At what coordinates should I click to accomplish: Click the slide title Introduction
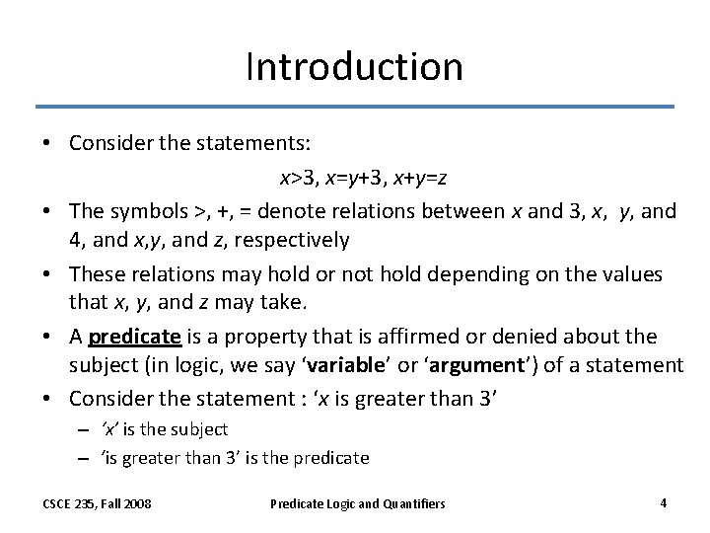click(x=354, y=67)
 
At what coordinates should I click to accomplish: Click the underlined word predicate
click(x=134, y=337)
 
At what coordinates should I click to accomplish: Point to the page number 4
click(x=664, y=502)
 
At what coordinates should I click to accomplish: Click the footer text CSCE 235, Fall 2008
click(x=97, y=503)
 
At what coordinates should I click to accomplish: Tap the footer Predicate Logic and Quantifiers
click(x=358, y=503)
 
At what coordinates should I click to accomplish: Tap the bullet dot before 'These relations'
click(x=46, y=273)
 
